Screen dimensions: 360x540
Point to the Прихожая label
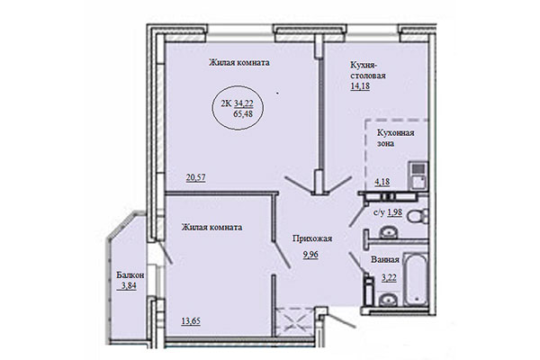click(313, 238)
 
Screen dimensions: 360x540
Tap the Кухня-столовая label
click(368, 70)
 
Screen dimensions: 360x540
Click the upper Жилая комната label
click(239, 63)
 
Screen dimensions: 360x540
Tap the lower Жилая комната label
click(211, 229)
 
